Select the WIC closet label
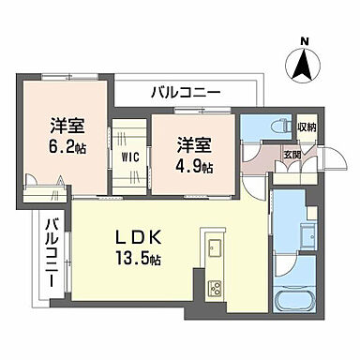(130, 157)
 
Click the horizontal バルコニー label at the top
(186, 94)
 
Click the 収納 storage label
(307, 128)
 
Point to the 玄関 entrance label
(292, 156)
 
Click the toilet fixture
(258, 127)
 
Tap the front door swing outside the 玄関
(324, 161)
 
